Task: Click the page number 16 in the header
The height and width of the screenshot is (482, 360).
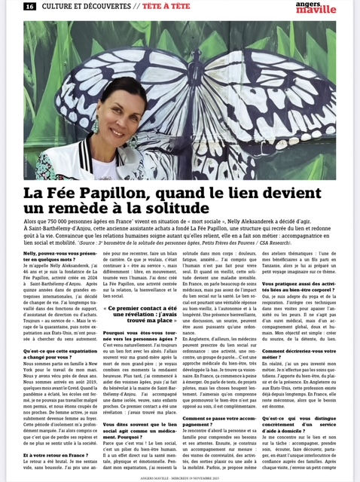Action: coord(29,6)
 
